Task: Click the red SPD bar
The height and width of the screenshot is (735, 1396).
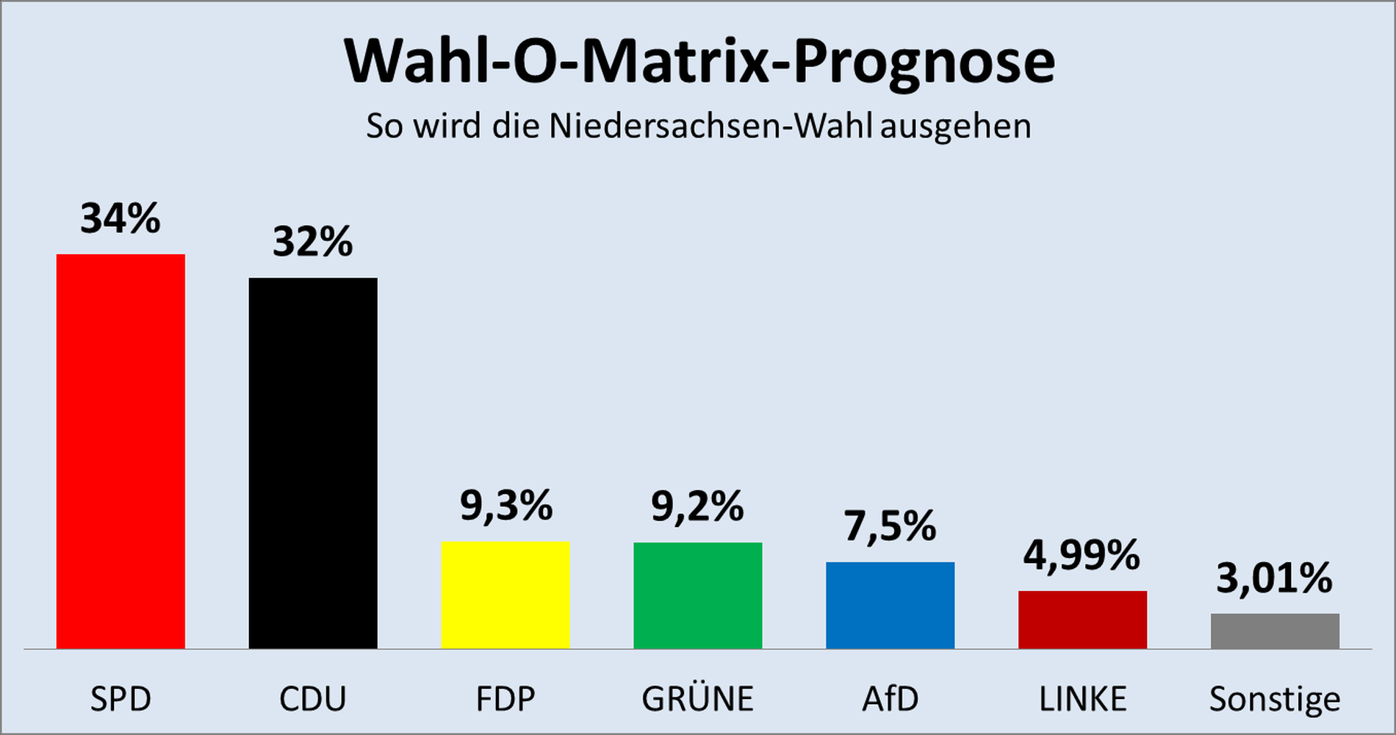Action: [120, 451]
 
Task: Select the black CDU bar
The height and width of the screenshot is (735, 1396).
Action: [313, 463]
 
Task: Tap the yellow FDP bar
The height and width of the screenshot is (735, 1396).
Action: [505, 595]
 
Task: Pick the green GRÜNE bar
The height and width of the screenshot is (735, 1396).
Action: [698, 595]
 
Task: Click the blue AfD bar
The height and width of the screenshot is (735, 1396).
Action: [891, 605]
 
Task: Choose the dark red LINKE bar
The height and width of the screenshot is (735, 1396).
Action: [1082, 620]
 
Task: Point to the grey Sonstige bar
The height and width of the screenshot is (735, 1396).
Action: [1275, 631]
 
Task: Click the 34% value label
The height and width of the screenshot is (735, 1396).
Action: [120, 219]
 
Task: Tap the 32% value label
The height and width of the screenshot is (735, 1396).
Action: [313, 242]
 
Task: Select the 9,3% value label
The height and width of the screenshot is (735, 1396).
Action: [506, 506]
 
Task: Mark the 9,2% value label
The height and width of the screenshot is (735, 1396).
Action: [698, 507]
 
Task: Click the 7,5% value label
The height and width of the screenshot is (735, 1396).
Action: [891, 526]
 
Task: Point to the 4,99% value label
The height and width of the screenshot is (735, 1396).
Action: [1082, 555]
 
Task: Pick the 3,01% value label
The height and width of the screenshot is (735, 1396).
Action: [1275, 578]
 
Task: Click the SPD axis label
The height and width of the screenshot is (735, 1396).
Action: [120, 698]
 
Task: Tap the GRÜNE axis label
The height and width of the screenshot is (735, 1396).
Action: [698, 698]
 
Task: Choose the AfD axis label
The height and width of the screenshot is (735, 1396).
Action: [891, 698]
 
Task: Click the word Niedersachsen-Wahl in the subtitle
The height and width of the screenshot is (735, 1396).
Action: [710, 126]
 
